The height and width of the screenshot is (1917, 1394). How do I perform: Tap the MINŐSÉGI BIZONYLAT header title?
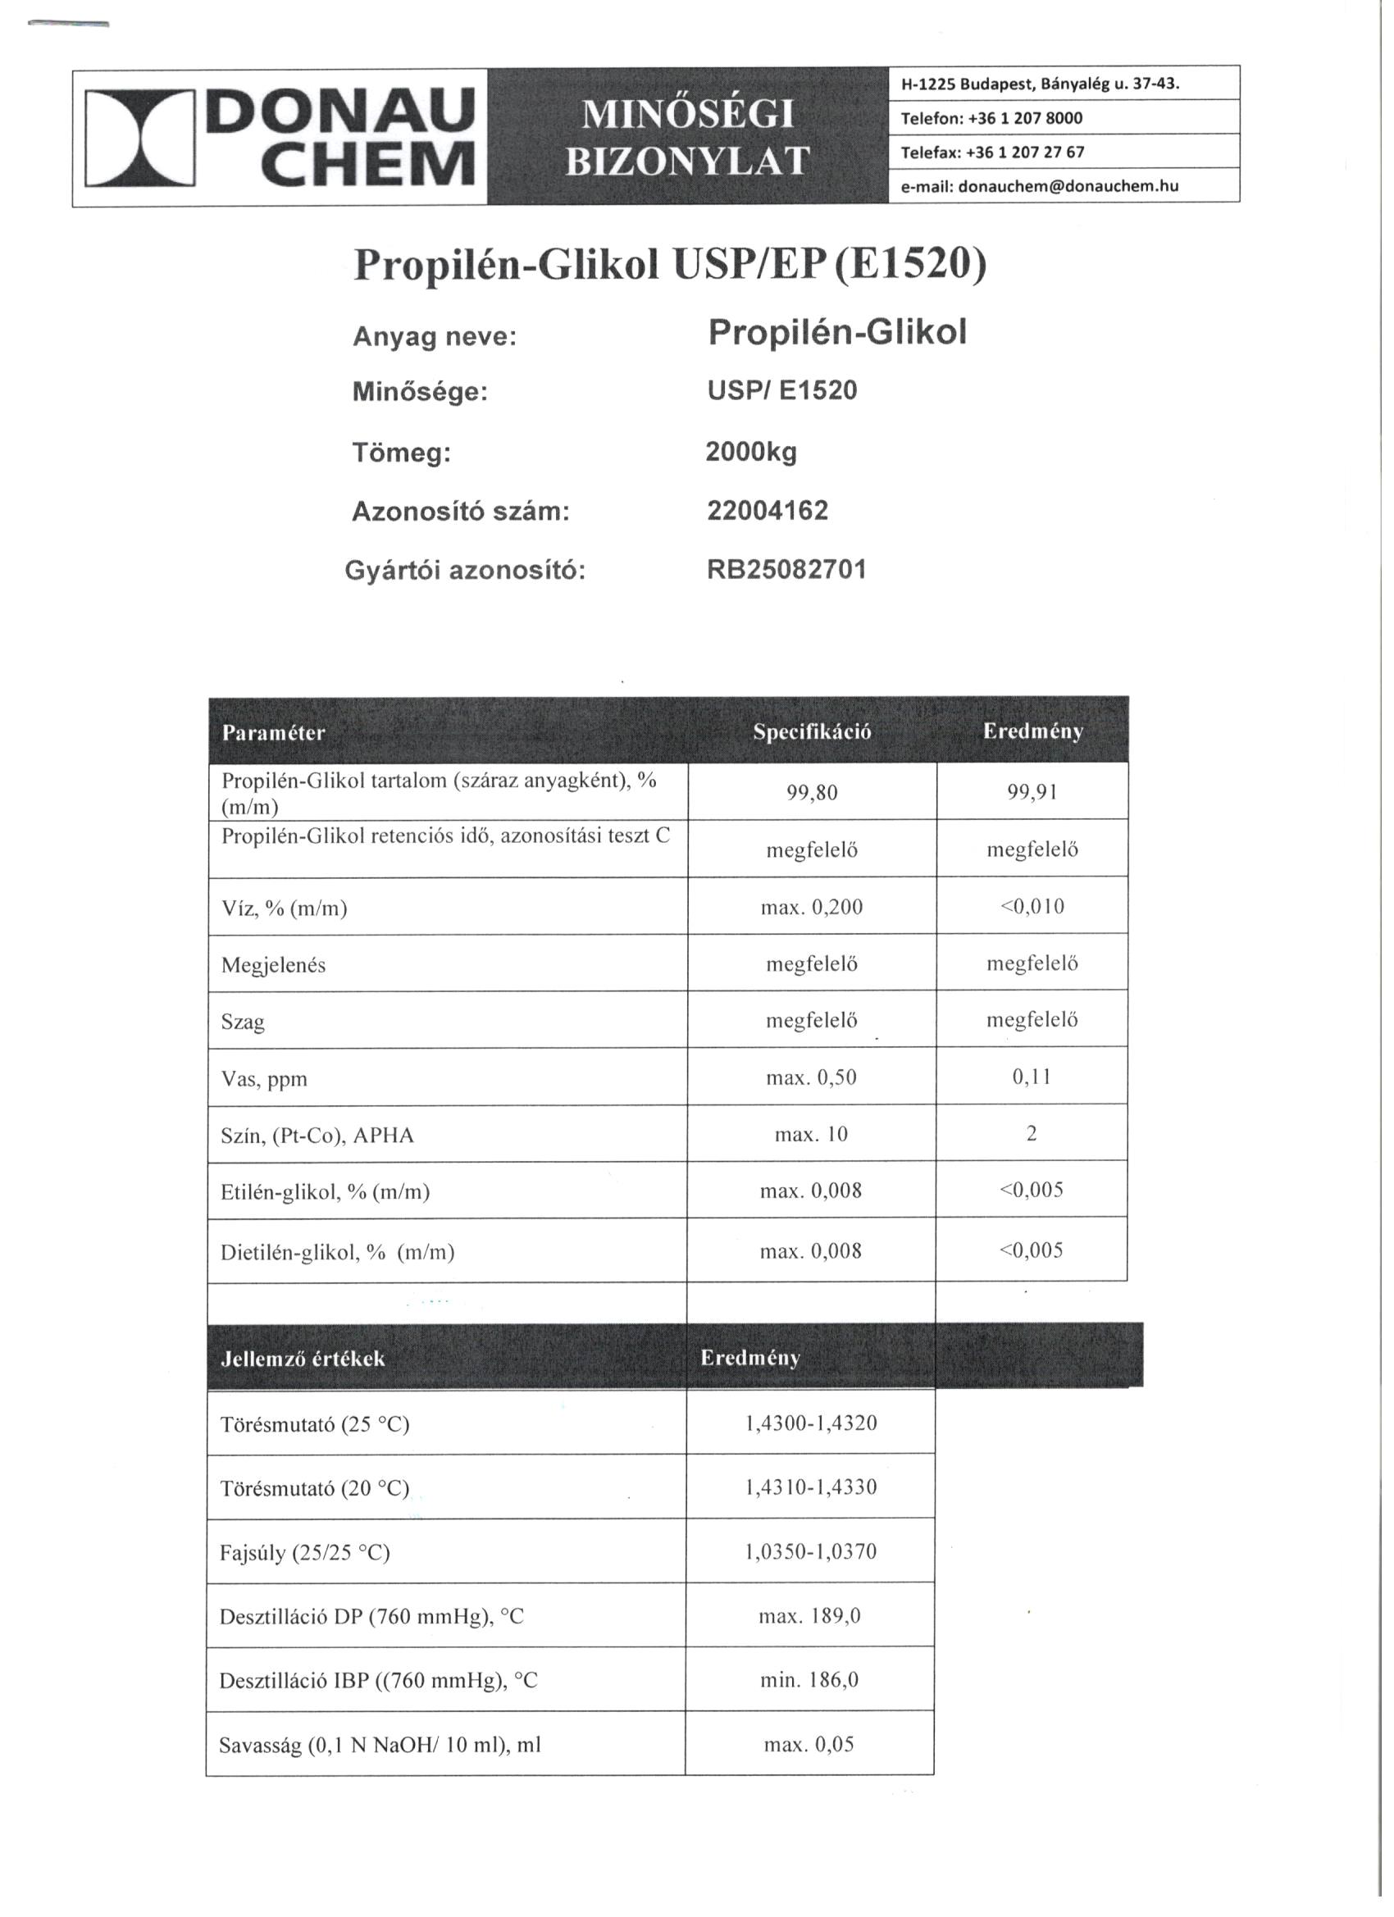(x=687, y=137)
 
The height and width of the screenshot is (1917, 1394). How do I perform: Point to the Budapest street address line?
(x=1040, y=84)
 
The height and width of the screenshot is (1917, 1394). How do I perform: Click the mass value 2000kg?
(x=750, y=453)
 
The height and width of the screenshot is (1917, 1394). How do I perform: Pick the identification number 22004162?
(x=767, y=511)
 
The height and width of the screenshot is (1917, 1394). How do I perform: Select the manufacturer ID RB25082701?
(x=786, y=570)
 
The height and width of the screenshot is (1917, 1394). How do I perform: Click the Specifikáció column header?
(x=812, y=732)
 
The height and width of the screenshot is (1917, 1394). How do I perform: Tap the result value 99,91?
(x=1032, y=793)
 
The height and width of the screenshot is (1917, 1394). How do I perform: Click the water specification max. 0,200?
(x=812, y=907)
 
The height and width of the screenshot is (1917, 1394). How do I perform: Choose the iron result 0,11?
(x=1032, y=1077)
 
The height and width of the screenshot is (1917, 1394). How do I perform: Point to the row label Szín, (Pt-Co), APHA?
(x=317, y=1135)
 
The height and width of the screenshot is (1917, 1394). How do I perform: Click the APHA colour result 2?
(x=1032, y=1133)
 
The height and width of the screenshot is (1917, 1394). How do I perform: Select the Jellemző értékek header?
(x=302, y=1359)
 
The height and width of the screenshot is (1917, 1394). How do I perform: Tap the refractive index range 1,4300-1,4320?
(x=811, y=1423)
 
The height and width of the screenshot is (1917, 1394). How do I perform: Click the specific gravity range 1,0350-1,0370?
(x=811, y=1551)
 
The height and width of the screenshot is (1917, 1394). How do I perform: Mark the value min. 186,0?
(x=809, y=1679)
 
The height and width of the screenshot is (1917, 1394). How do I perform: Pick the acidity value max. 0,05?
(x=809, y=1744)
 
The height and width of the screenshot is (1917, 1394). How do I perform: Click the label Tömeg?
(x=402, y=454)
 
